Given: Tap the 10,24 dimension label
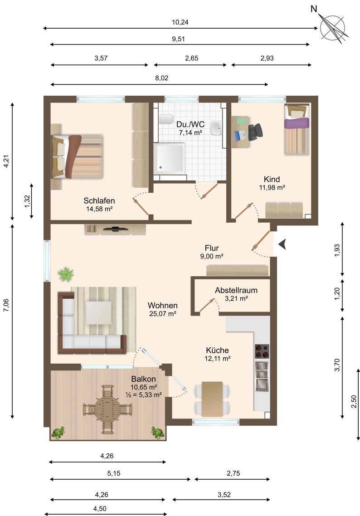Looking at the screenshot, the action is point(180,22).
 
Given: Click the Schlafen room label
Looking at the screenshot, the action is point(99,201).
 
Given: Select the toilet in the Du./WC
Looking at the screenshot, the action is point(166,119).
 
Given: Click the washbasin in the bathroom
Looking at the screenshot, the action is point(216,128).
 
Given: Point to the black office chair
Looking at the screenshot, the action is point(255,132).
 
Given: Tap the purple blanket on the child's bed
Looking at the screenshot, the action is point(297,123).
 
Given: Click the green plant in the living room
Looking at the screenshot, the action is point(66,274).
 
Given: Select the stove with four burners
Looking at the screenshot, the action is point(262,351).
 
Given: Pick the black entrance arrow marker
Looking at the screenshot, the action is point(282,244).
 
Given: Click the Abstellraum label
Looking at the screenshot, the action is point(236,290).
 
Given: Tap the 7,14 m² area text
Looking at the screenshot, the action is point(190,133).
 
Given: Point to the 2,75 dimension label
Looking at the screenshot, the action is point(234,473).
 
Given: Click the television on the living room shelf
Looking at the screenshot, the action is point(115,229).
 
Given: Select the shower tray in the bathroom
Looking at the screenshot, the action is point(170,158).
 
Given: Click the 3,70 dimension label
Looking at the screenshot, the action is point(337,365).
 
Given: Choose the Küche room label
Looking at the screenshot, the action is point(217,350).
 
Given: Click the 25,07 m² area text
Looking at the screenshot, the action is point(163,314).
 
